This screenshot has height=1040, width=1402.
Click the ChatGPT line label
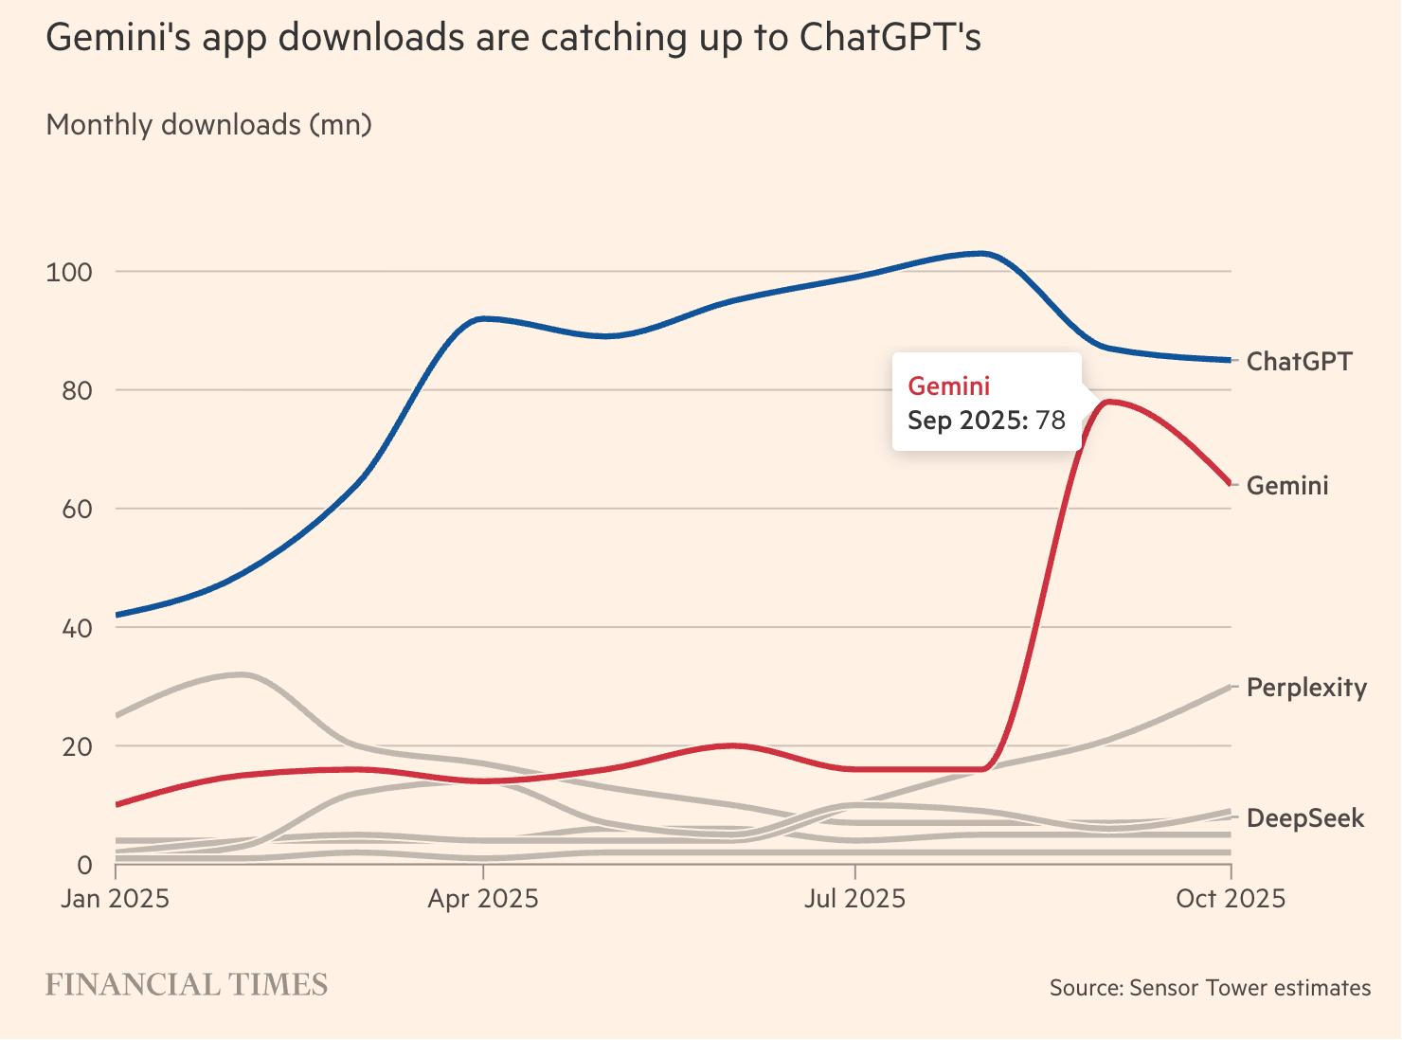[x=1299, y=361]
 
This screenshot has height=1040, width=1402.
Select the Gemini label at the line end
[x=1287, y=485]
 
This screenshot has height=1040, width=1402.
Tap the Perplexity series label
[x=1306, y=687]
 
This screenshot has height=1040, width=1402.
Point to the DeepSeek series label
[x=1305, y=817]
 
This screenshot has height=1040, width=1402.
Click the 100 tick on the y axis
[x=69, y=273]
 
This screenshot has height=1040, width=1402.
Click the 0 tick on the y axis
[x=84, y=865]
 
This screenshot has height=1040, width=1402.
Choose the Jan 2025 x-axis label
[x=115, y=898]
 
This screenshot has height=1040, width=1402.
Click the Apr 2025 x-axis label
[x=483, y=898]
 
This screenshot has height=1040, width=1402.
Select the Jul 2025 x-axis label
[x=854, y=898]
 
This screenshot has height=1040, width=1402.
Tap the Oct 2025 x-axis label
[x=1231, y=898]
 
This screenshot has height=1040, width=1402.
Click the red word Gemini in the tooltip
[x=948, y=386]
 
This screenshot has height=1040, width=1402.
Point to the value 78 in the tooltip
[x=1051, y=420]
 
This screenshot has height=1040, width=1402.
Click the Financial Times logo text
[x=187, y=985]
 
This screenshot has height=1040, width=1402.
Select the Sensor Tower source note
[x=1210, y=988]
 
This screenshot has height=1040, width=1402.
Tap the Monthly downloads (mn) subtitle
[x=208, y=124]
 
